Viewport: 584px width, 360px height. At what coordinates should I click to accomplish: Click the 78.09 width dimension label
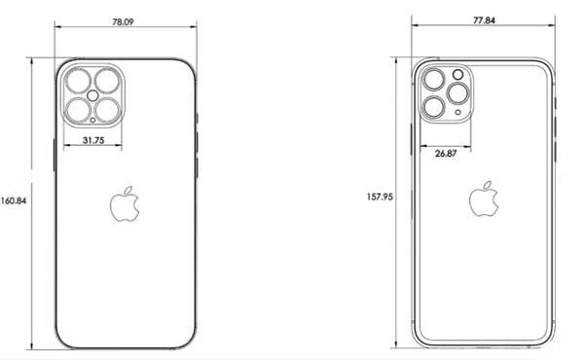pos(123,22)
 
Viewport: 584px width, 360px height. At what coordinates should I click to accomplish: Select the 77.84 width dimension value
pos(484,20)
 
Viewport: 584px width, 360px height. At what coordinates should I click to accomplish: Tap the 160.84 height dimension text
pos(14,200)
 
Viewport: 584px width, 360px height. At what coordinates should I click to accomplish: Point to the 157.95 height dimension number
pos(380,197)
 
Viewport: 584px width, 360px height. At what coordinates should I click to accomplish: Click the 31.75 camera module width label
pos(93,140)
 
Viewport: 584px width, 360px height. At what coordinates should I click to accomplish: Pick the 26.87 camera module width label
pos(446,153)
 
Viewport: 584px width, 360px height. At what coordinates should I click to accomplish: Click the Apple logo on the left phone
pos(125,204)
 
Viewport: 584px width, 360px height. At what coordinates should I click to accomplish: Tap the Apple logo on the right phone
pos(484,198)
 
